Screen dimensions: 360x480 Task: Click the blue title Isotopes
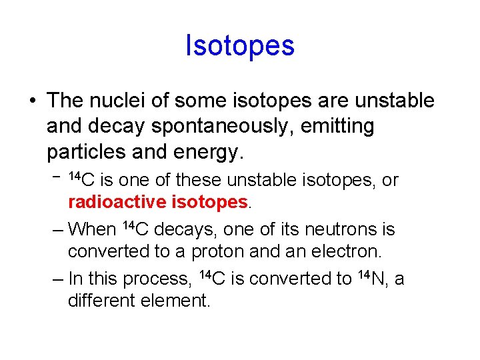point(240,46)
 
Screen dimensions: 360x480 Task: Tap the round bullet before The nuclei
point(33,101)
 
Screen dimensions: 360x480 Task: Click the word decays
point(186,229)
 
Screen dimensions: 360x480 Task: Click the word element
point(175,301)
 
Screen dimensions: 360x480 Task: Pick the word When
point(92,229)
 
